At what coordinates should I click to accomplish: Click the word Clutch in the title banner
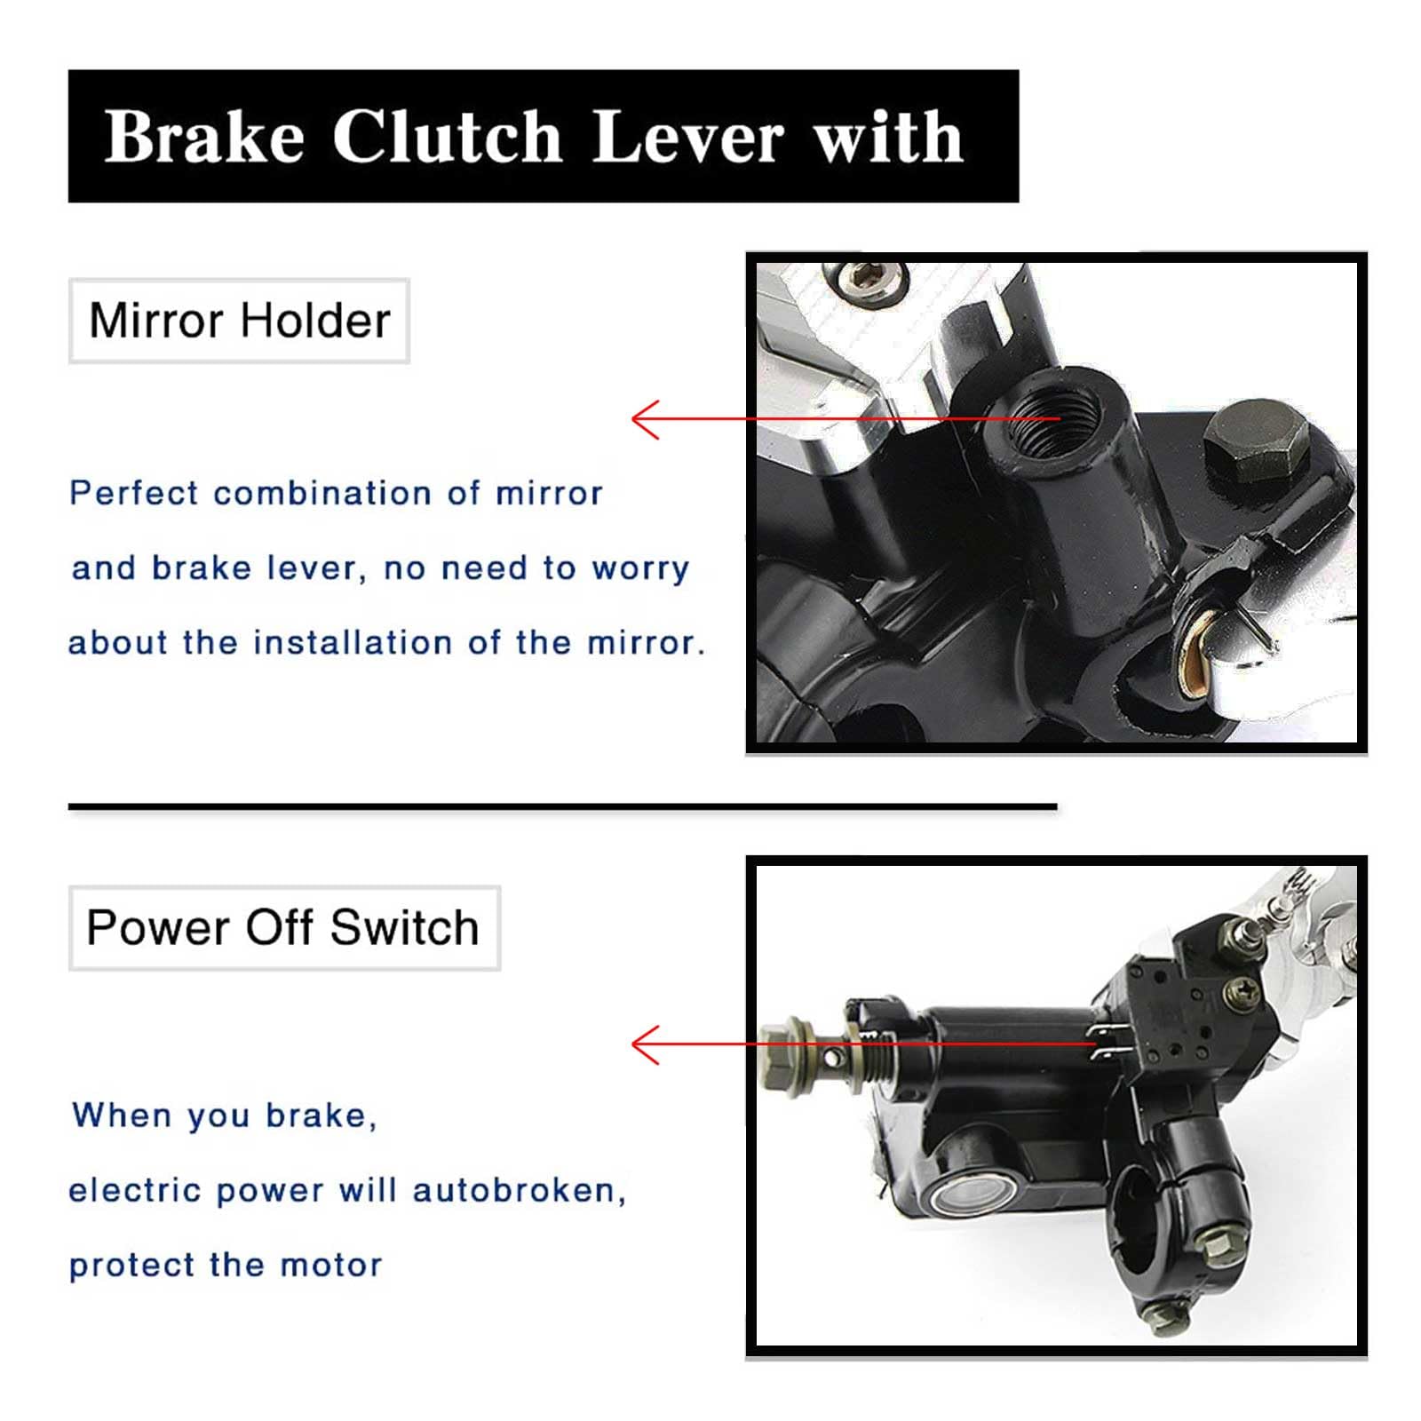[447, 138]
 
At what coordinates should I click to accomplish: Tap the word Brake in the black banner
[204, 138]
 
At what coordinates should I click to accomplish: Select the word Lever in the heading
[688, 138]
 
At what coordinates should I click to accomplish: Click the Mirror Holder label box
[239, 321]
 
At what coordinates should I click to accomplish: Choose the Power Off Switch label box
[284, 928]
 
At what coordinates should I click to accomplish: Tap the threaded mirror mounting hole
[1055, 417]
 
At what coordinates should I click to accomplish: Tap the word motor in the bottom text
[331, 1266]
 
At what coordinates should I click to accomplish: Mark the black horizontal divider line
[562, 806]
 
